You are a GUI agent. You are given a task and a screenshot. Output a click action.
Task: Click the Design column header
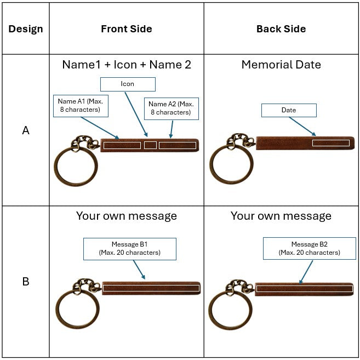pos(25,29)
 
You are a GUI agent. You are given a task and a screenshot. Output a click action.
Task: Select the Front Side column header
pos(127,29)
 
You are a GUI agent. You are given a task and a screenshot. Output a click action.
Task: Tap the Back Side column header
pos(281,29)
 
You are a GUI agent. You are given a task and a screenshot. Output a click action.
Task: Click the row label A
pos(25,131)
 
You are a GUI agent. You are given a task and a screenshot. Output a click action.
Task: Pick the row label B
pos(25,282)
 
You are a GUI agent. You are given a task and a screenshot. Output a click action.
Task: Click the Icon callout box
pos(127,84)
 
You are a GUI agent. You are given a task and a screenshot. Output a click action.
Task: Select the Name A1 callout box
pos(81,106)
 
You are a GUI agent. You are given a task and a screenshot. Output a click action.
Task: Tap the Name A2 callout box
pos(171,108)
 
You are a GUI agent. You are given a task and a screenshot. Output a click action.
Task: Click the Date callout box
pos(289,110)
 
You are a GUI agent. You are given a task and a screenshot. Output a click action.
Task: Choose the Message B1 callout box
pos(129,249)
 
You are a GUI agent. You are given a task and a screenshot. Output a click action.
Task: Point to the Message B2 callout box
pos(309,249)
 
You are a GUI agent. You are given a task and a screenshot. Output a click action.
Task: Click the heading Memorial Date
pos(281,65)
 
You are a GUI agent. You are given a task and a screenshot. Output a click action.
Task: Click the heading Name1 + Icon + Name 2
pos(127,65)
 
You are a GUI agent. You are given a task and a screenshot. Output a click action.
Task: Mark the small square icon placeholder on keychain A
pos(150,145)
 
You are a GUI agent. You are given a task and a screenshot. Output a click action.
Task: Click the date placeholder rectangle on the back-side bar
pos(331,143)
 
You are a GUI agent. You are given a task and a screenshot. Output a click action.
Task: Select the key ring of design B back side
pos(230,310)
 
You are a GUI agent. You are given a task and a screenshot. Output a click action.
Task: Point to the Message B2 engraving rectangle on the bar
pos(304,288)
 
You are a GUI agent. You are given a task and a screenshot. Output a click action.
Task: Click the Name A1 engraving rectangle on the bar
pos(122,146)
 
